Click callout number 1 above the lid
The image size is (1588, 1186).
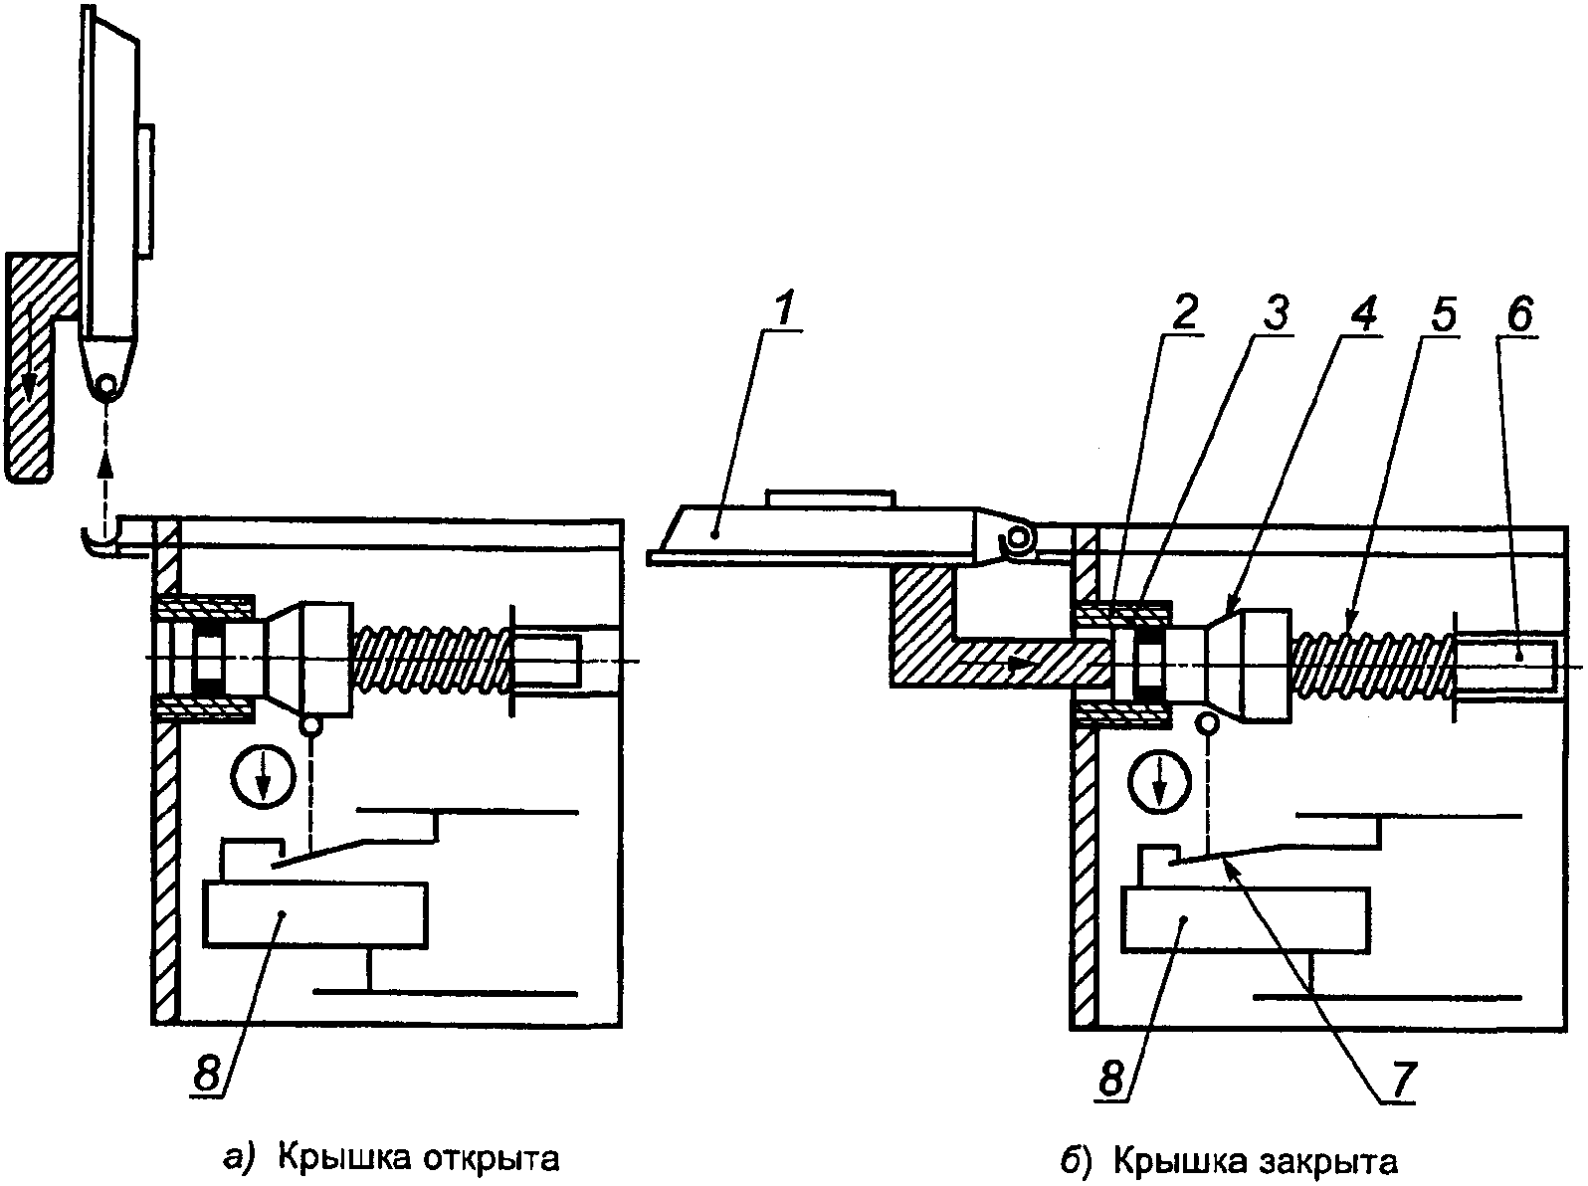coord(785,308)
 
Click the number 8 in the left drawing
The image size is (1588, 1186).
coord(207,1075)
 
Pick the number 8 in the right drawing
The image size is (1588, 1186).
coord(1111,1079)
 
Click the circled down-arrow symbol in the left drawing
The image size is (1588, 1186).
coord(264,778)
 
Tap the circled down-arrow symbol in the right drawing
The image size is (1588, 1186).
coord(1160,782)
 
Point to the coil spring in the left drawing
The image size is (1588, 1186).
coord(433,661)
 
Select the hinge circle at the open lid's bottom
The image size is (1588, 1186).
coord(107,382)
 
